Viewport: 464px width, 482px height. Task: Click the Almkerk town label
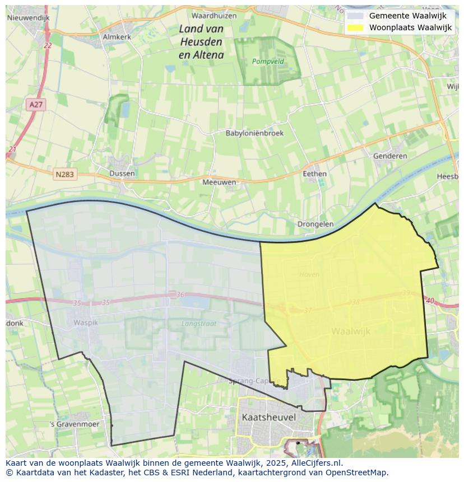pos(117,36)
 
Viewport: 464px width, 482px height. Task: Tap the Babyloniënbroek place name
pos(254,133)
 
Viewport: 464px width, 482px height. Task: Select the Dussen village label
pos(122,173)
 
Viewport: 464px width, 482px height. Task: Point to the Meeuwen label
pos(219,182)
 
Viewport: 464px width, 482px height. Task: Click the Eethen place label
pos(314,174)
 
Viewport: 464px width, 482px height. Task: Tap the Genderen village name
pos(390,156)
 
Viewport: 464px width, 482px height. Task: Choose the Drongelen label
pos(315,224)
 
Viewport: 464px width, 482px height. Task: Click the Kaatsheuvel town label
pos(269,417)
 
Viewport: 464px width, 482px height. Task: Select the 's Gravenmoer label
pos(75,424)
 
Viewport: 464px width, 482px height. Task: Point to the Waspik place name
pos(85,322)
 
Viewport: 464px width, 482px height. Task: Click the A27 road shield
pos(35,105)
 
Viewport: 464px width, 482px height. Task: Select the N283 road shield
pos(65,175)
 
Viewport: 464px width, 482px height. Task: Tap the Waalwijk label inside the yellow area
pos(351,331)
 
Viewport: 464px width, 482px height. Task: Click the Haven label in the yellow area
pos(309,274)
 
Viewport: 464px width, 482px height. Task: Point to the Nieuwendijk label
pos(29,17)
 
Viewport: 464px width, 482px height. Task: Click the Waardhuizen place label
pos(214,16)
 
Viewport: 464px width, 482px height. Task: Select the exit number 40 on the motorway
pos(430,301)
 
